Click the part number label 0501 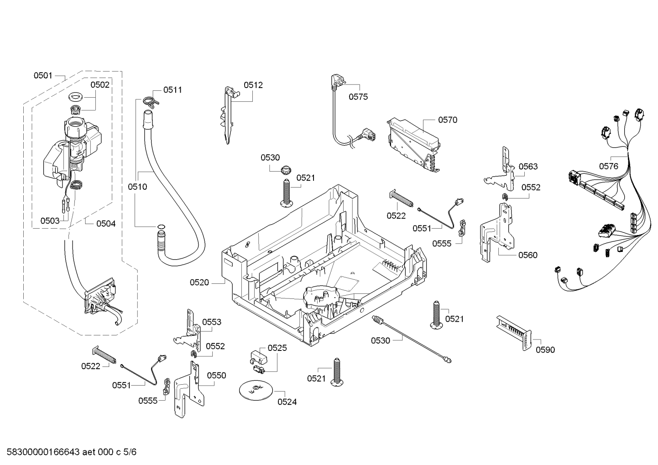43,76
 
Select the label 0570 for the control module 448,120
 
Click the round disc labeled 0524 256,391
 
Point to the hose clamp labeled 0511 151,100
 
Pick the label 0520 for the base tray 199,282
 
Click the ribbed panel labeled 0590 514,333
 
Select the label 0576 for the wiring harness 609,166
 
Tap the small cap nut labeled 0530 285,170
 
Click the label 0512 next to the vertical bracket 253,85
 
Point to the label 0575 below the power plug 358,97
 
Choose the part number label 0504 106,224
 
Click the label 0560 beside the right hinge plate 528,255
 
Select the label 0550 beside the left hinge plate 216,376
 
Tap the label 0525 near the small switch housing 277,348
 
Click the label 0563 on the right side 528,167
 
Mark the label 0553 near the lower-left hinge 212,322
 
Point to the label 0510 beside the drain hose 137,187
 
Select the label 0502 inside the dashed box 100,85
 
